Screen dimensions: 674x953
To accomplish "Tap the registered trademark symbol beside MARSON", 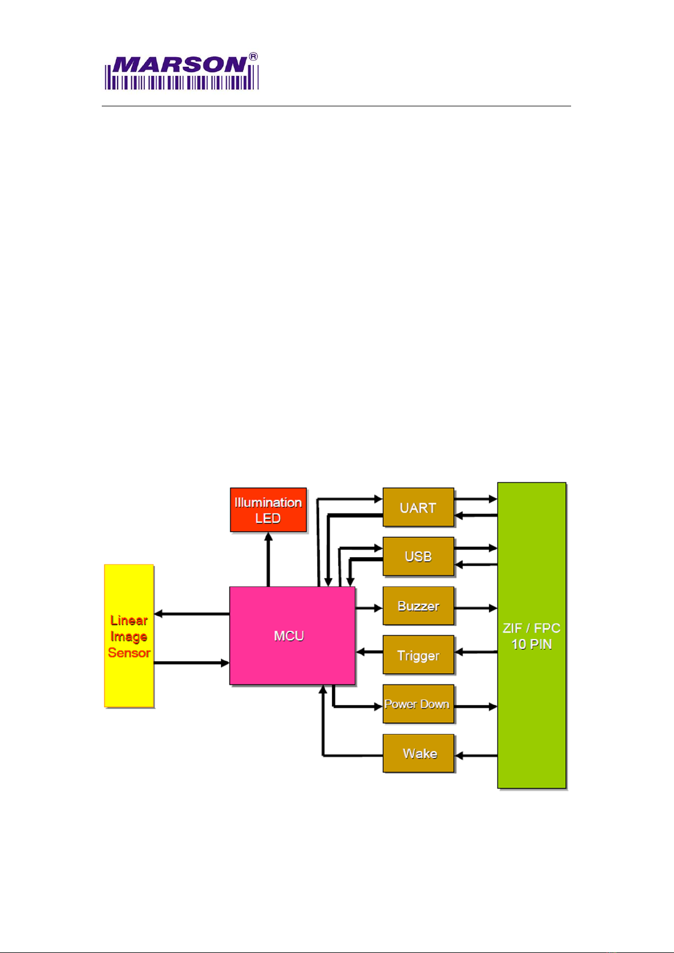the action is pos(254,57).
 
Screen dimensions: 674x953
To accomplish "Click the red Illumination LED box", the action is pos(268,510).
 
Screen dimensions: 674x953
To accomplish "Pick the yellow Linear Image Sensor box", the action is pos(129,636).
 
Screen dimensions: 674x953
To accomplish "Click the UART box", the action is pos(418,507).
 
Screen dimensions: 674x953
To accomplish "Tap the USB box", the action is pos(418,557).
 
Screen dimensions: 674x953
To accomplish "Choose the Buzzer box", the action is pos(418,606).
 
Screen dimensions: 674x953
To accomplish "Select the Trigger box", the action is pos(418,656).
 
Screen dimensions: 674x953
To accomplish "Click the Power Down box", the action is pos(418,704).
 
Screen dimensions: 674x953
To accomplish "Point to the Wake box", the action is pos(418,753).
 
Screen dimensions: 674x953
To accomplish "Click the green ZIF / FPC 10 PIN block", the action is pos(532,636).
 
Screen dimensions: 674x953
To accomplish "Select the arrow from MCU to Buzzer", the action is pos(369,608).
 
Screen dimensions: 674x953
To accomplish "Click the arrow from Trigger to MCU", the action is pos(369,652).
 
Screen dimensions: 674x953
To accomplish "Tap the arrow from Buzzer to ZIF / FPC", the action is pos(476,608).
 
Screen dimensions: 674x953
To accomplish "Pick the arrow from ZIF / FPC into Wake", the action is pos(476,755).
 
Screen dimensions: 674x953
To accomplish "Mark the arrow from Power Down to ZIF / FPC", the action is pos(476,706).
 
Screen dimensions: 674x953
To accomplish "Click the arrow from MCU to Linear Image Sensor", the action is pos(192,614).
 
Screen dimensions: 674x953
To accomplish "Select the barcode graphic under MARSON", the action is pos(182,82).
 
